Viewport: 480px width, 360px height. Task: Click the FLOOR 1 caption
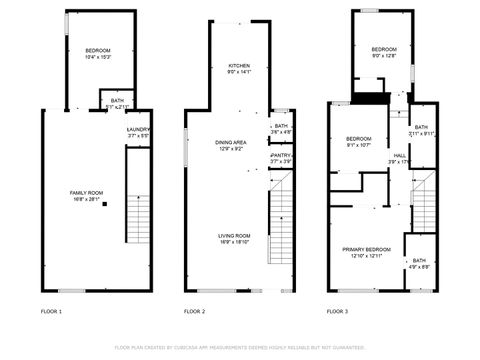pos(51,312)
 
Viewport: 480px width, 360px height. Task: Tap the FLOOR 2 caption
pos(194,312)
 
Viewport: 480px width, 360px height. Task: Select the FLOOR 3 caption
pos(338,312)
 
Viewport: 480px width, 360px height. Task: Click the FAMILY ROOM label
pos(85,192)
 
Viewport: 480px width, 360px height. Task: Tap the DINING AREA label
pos(230,143)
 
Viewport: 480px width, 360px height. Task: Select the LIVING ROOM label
pos(235,235)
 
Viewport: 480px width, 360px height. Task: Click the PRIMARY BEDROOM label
pos(366,249)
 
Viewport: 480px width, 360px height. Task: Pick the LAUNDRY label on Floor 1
pos(138,129)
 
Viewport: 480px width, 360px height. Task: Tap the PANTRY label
pos(280,155)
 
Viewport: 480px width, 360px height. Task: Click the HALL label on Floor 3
pos(399,156)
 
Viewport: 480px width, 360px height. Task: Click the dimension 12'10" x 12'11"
pos(366,255)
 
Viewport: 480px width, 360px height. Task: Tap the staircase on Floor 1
pos(137,195)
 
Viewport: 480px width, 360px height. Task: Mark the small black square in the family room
pos(104,203)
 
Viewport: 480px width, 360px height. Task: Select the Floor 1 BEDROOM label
pos(97,50)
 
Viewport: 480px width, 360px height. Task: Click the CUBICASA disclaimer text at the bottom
pos(240,347)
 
